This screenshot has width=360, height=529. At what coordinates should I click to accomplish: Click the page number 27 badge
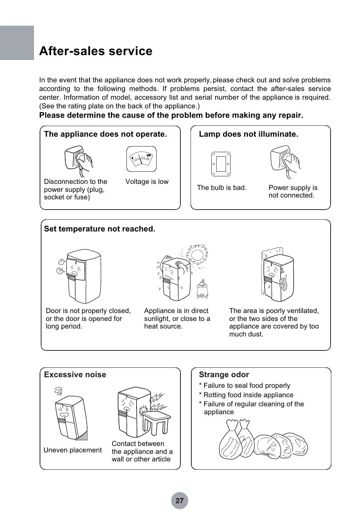[x=180, y=501]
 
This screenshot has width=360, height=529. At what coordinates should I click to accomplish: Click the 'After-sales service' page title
[x=96, y=51]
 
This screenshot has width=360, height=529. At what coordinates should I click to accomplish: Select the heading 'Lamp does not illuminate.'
[x=248, y=134]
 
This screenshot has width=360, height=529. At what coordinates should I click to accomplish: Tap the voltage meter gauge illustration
[x=141, y=159]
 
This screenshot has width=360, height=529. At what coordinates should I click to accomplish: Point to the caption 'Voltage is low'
[x=147, y=182]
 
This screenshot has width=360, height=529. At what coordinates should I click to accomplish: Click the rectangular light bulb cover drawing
[x=221, y=164]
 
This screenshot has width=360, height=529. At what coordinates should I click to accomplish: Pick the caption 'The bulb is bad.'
[x=222, y=188]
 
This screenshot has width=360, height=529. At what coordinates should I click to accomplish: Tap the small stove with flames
[x=202, y=290]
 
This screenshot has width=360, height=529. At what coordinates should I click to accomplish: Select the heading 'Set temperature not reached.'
[x=100, y=229]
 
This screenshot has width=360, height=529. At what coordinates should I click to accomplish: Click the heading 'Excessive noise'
[x=75, y=375]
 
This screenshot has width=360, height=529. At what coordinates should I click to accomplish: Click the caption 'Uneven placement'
[x=72, y=450]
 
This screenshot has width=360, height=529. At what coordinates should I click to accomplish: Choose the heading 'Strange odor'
[x=224, y=375]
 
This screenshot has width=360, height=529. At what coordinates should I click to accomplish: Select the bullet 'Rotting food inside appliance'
[x=248, y=395]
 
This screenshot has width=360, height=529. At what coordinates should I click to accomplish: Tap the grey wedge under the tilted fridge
[x=83, y=435]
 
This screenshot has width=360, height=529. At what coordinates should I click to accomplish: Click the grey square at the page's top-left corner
[x=17, y=43]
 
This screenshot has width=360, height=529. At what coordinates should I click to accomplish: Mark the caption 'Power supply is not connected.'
[x=293, y=191]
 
